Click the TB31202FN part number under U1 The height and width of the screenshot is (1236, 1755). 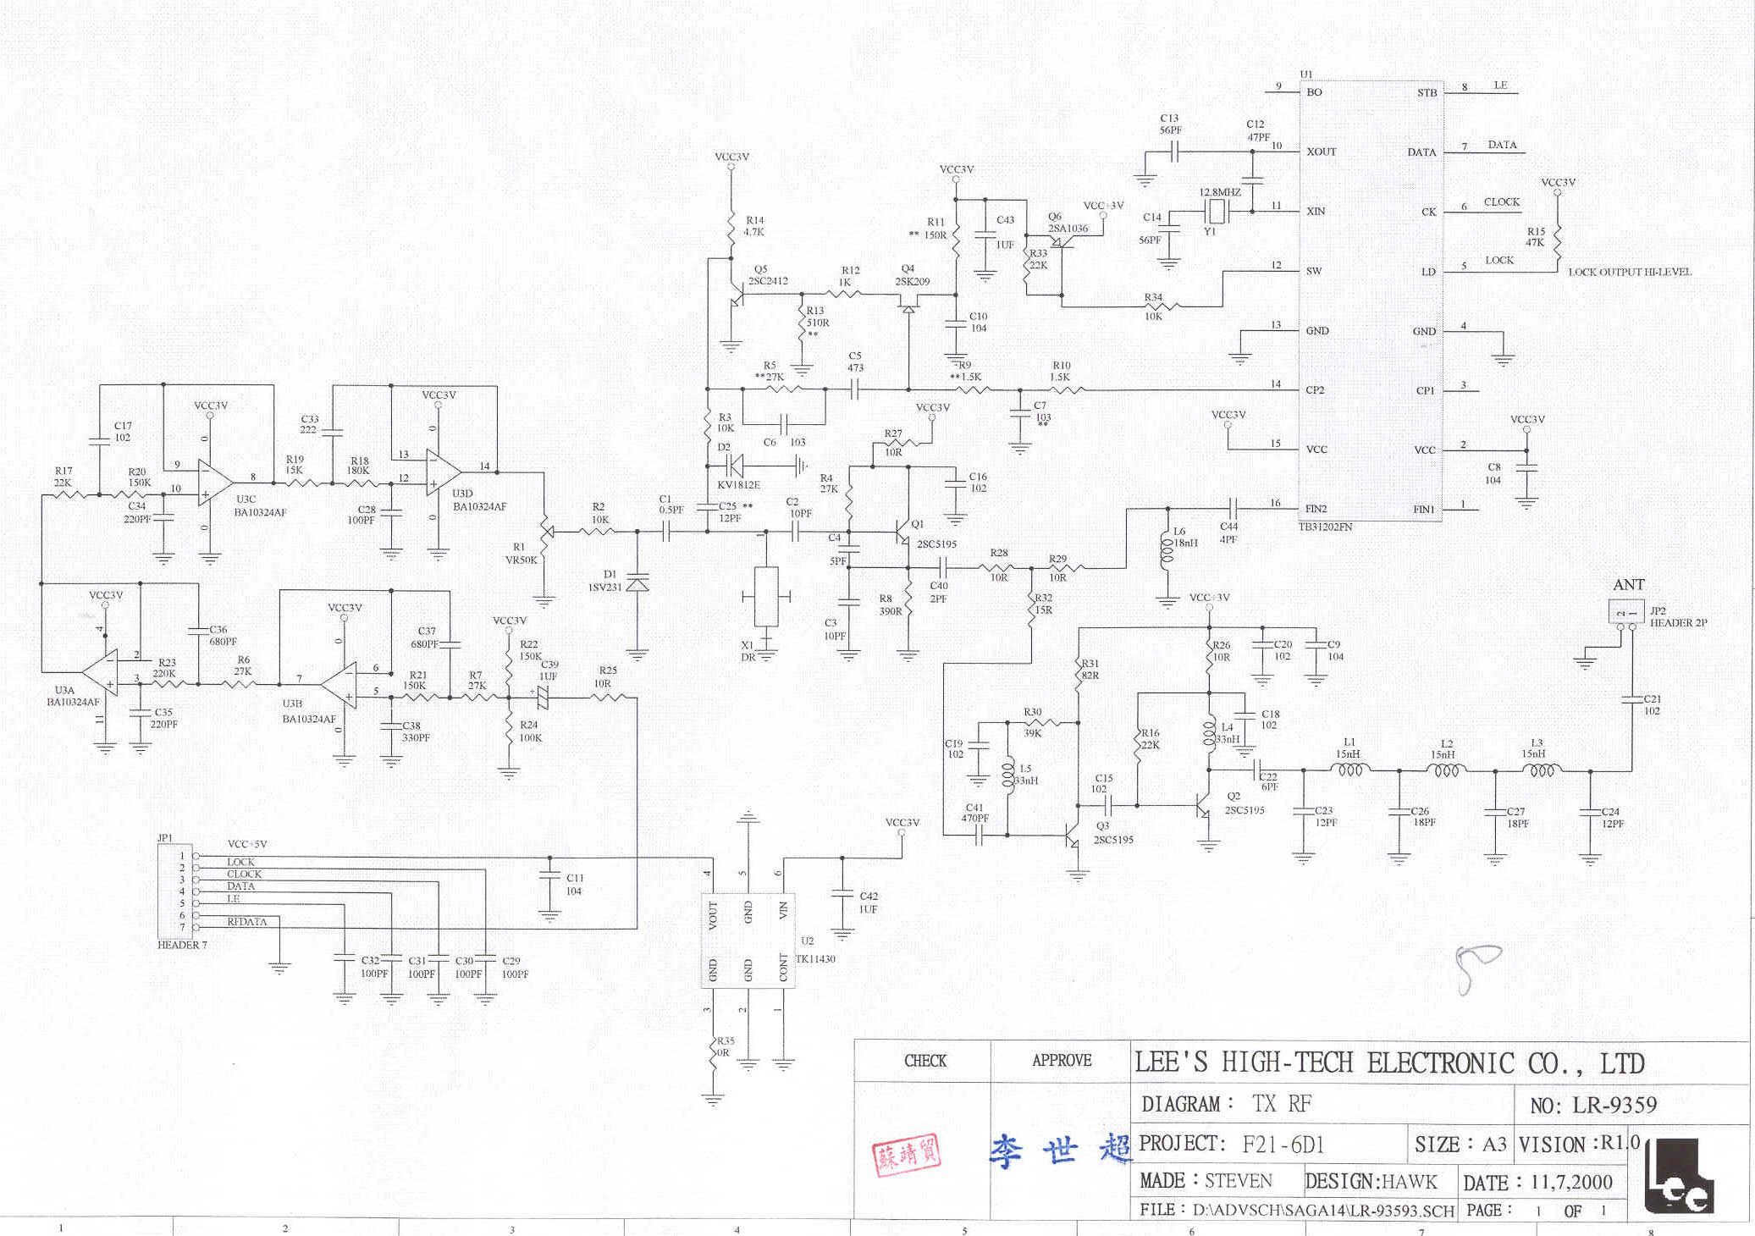[x=1325, y=527]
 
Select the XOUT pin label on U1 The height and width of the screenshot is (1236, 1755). [x=1321, y=152]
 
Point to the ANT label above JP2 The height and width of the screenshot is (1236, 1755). [x=1628, y=585]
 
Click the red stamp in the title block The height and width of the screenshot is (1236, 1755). [x=906, y=1155]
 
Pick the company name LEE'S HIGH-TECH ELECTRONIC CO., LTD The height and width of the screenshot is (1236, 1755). [x=1388, y=1063]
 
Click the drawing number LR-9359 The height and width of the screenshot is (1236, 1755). [x=1614, y=1106]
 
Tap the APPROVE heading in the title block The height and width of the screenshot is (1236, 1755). [x=1062, y=1061]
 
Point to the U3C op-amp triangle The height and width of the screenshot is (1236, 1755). [x=214, y=483]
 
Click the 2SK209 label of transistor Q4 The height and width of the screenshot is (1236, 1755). [x=912, y=282]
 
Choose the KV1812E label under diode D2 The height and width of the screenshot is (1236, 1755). [x=738, y=485]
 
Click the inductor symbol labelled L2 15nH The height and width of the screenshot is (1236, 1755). [x=1447, y=770]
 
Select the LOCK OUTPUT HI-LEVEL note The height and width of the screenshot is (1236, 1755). [x=1629, y=273]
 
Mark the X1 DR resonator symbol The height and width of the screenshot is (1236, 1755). [x=766, y=596]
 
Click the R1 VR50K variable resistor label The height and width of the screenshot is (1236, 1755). [x=521, y=554]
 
